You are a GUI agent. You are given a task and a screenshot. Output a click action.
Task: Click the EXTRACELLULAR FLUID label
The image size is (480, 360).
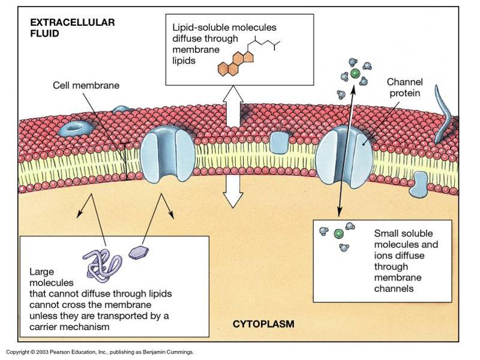click(x=72, y=28)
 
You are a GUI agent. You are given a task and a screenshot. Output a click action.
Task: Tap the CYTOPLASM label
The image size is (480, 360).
click(x=263, y=324)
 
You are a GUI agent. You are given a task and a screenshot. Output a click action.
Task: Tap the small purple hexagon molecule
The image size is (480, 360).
click(x=139, y=251)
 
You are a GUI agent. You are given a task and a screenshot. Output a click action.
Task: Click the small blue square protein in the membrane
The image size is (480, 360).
click(x=278, y=142)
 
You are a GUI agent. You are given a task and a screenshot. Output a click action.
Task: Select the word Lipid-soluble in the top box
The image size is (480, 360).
click(x=199, y=28)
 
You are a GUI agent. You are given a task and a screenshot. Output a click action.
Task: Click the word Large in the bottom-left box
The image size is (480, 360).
click(x=41, y=271)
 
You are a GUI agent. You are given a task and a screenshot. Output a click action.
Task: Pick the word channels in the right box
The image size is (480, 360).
click(x=394, y=289)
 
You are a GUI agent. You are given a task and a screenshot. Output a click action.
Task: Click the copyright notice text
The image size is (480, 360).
click(x=100, y=352)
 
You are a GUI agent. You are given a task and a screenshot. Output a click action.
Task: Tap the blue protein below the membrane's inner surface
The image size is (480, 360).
click(x=419, y=185)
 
